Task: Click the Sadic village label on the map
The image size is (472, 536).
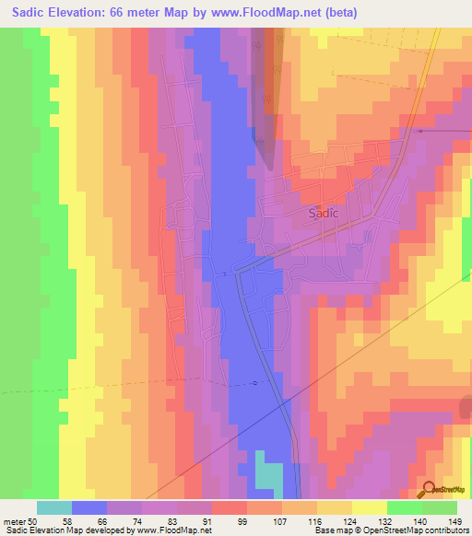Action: pos(323,213)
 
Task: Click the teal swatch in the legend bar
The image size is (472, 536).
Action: pos(54,507)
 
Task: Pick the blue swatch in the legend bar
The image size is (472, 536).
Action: pos(89,507)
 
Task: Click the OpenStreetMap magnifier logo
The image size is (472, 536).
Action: pos(429,489)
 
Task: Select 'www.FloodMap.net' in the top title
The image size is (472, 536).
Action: pos(267,12)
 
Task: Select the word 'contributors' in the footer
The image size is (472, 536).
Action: pos(447,530)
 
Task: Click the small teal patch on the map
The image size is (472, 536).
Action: pos(268,476)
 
